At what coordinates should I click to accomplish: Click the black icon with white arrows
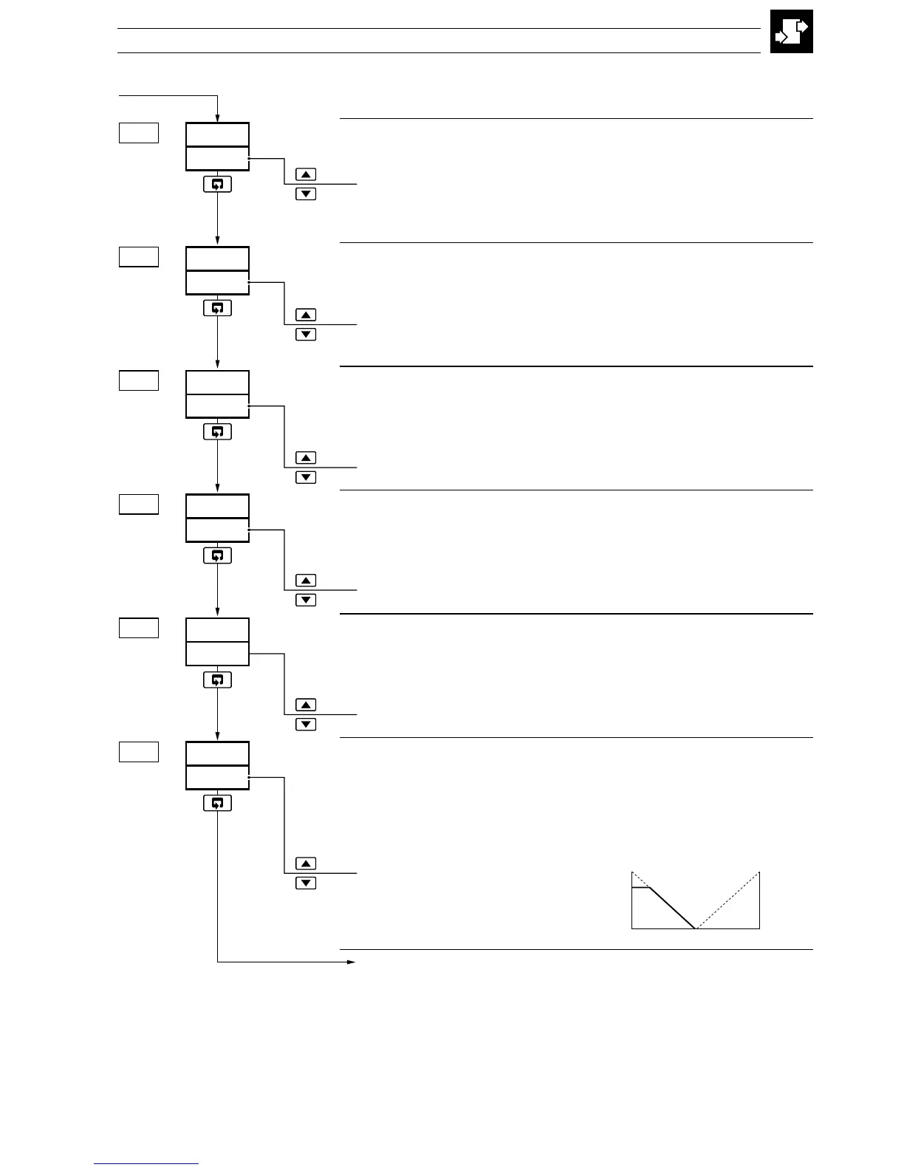[791, 31]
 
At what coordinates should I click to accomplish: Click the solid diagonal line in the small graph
[672, 908]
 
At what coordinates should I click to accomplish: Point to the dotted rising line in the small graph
[728, 900]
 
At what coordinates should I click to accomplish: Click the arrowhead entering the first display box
[217, 117]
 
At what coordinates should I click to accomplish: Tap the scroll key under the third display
[217, 432]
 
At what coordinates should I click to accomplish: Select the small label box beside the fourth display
[139, 504]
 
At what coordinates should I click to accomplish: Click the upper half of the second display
[217, 259]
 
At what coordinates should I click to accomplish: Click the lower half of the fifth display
[217, 654]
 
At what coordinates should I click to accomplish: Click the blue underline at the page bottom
[146, 1164]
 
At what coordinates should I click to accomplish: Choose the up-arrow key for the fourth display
[306, 581]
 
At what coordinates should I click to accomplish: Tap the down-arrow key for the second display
[306, 335]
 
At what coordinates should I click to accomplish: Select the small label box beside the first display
[139, 133]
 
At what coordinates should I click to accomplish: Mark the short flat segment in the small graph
[641, 888]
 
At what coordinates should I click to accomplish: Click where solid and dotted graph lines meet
[696, 928]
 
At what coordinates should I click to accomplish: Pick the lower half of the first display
[217, 159]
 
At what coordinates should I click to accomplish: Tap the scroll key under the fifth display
[217, 680]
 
